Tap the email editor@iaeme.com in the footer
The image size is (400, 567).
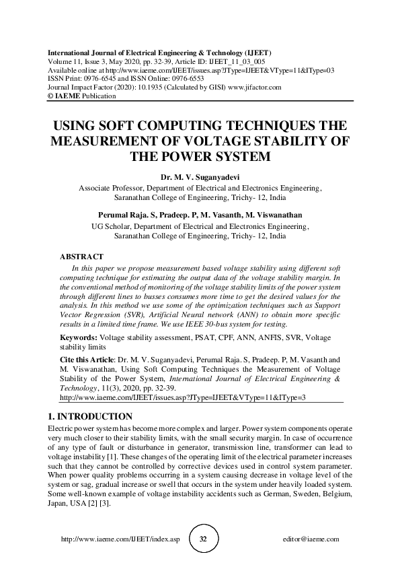click(312, 539)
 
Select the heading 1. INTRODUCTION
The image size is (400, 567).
click(91, 416)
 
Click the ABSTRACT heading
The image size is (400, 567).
click(81, 257)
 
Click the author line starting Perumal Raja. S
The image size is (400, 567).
click(200, 215)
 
